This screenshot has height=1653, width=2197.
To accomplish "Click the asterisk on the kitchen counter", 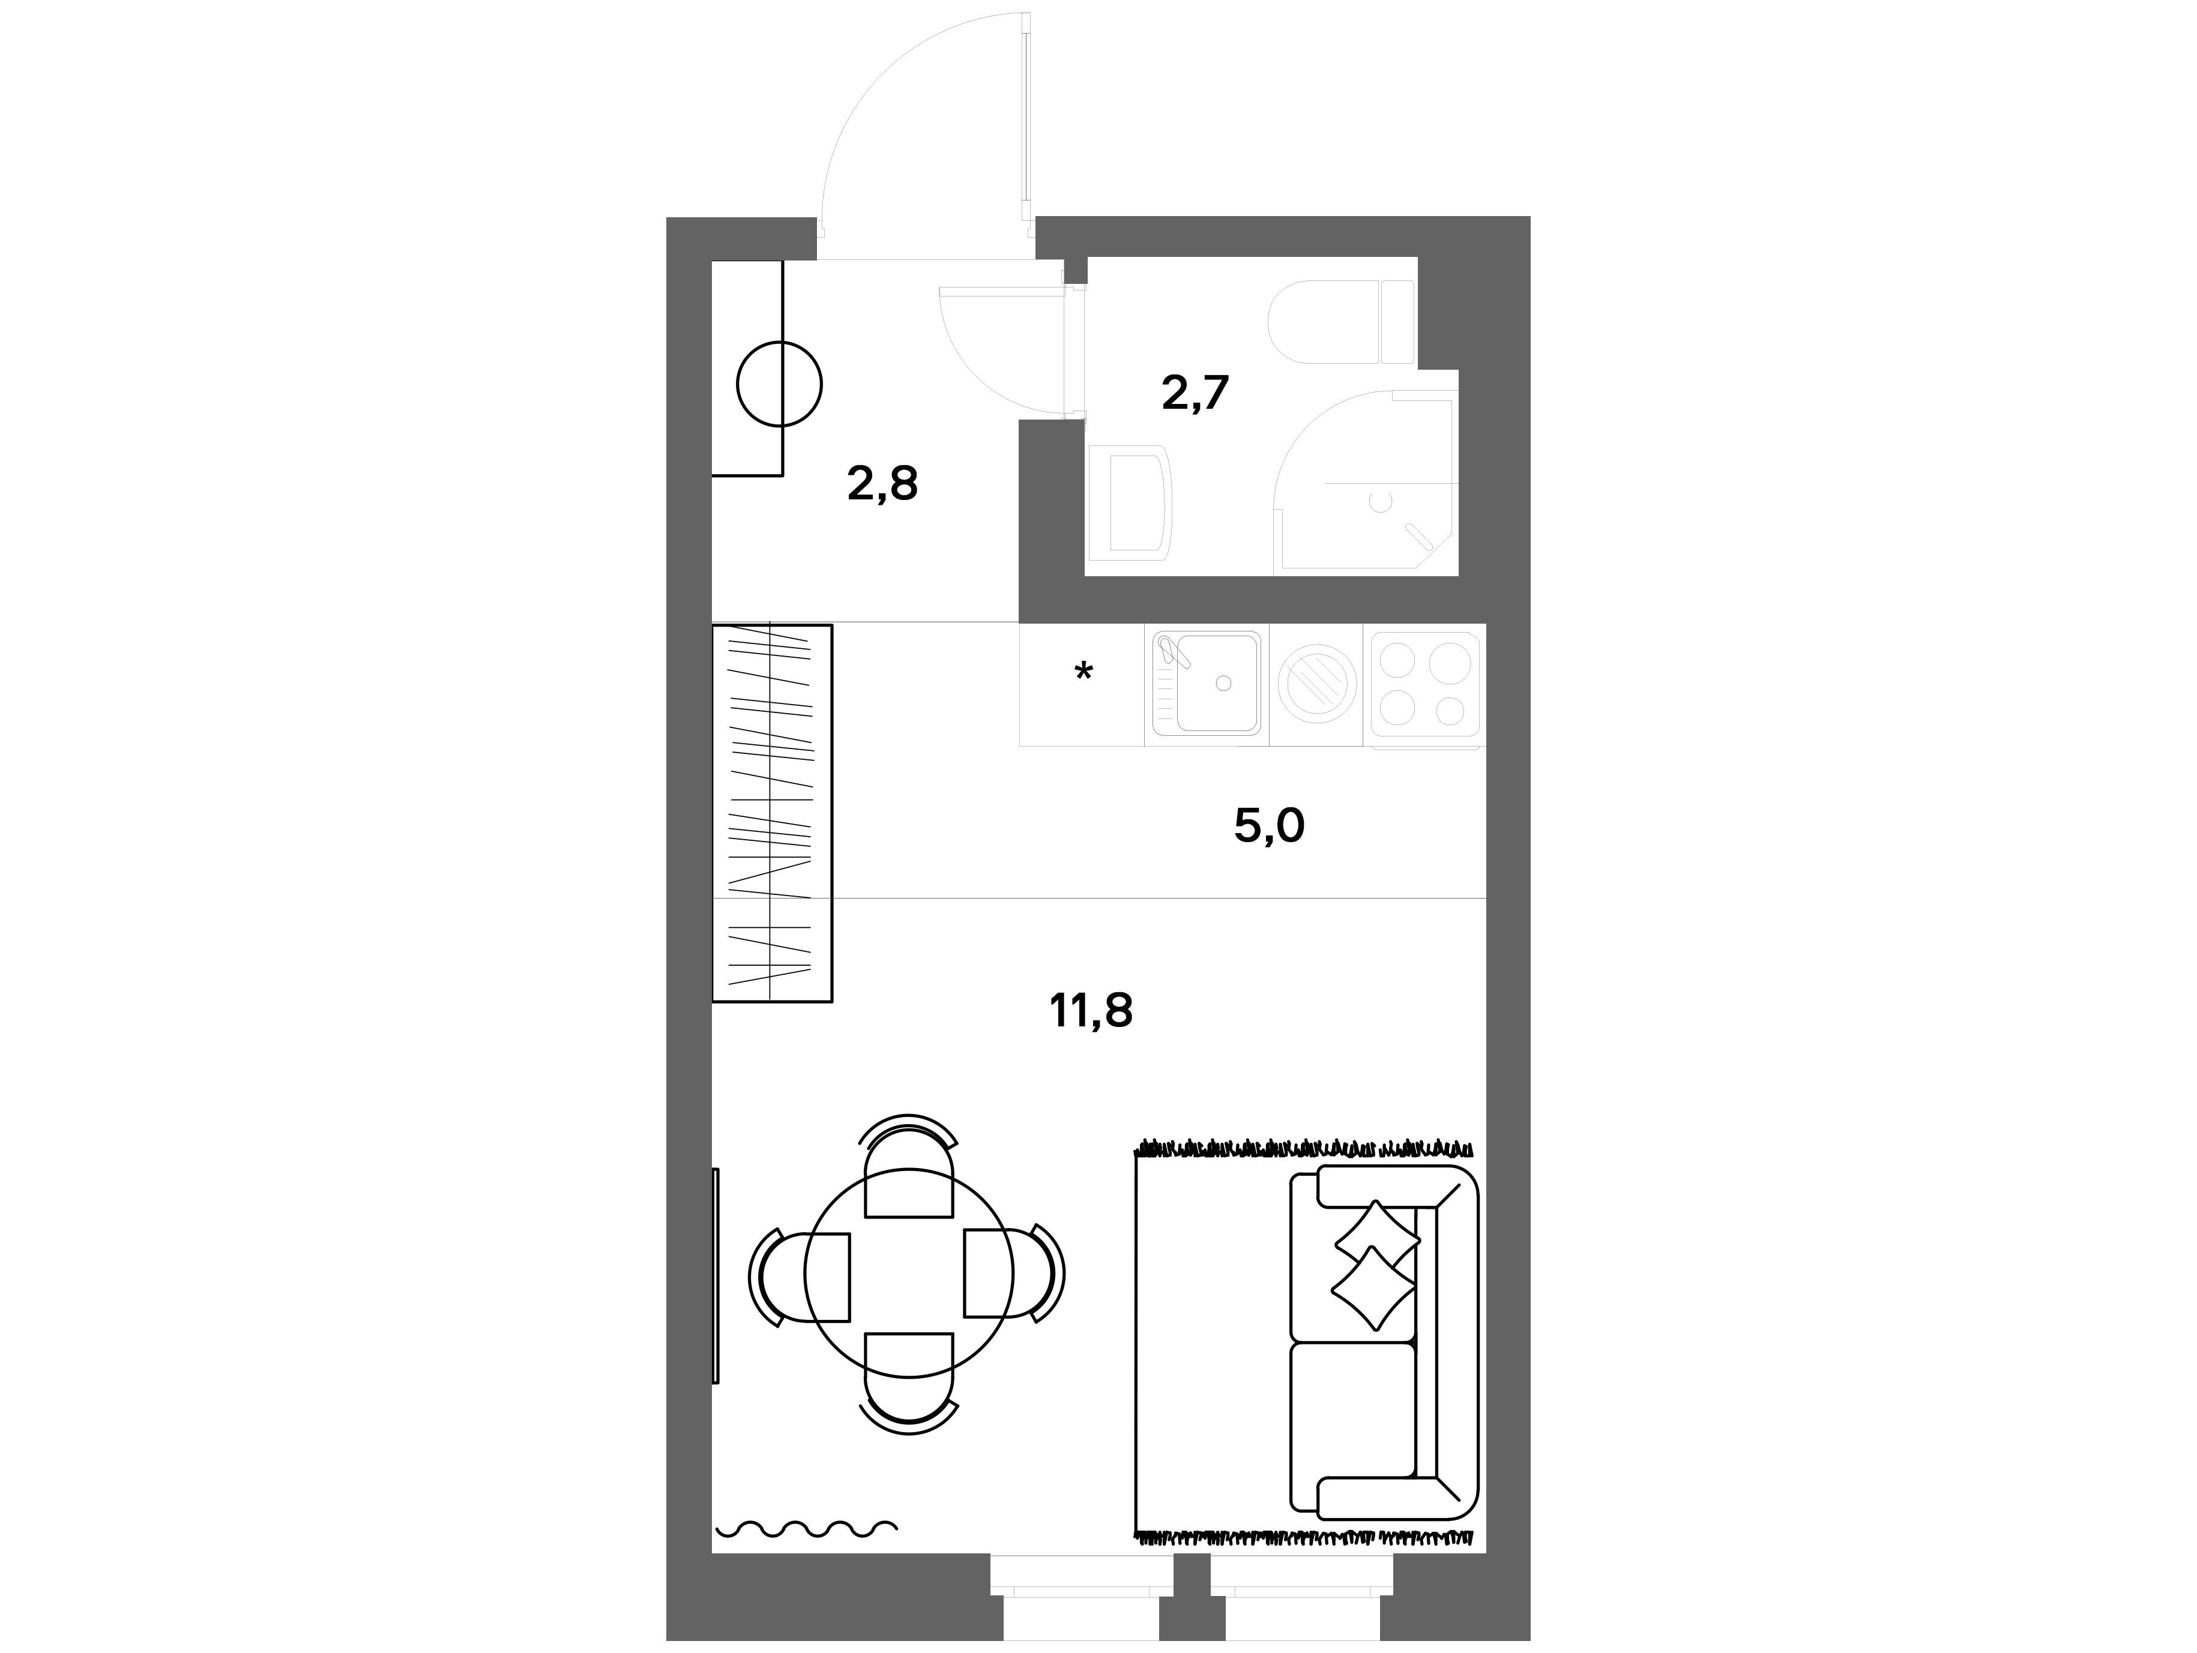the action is (1083, 672).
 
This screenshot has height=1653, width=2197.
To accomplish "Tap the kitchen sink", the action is (1207, 684).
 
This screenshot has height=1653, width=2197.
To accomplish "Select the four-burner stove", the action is (1424, 684).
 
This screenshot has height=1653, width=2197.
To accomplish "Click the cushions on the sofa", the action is (1375, 1266).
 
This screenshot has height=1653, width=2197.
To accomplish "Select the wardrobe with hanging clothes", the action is (772, 813).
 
